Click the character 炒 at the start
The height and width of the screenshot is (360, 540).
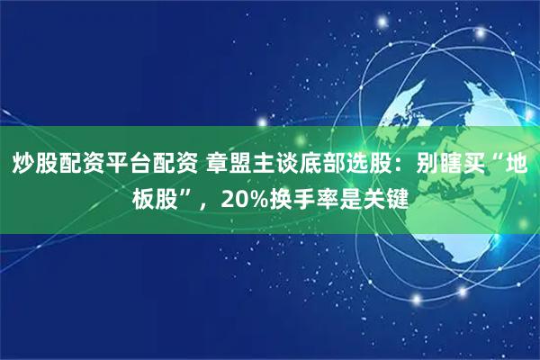23,166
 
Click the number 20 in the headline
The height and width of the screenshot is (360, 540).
232,198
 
